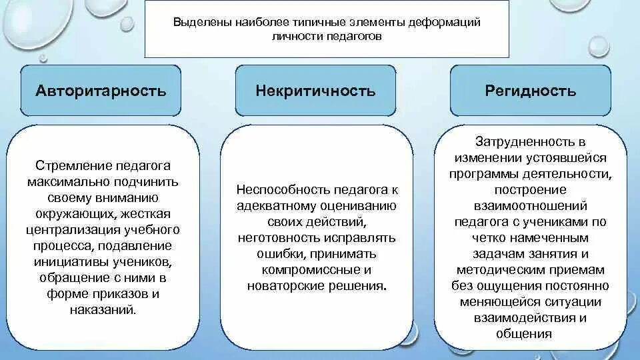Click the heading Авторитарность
(x=101, y=91)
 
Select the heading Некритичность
(x=315, y=91)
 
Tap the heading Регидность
(x=530, y=91)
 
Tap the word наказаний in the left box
(x=101, y=309)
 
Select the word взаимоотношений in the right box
(x=531, y=205)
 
